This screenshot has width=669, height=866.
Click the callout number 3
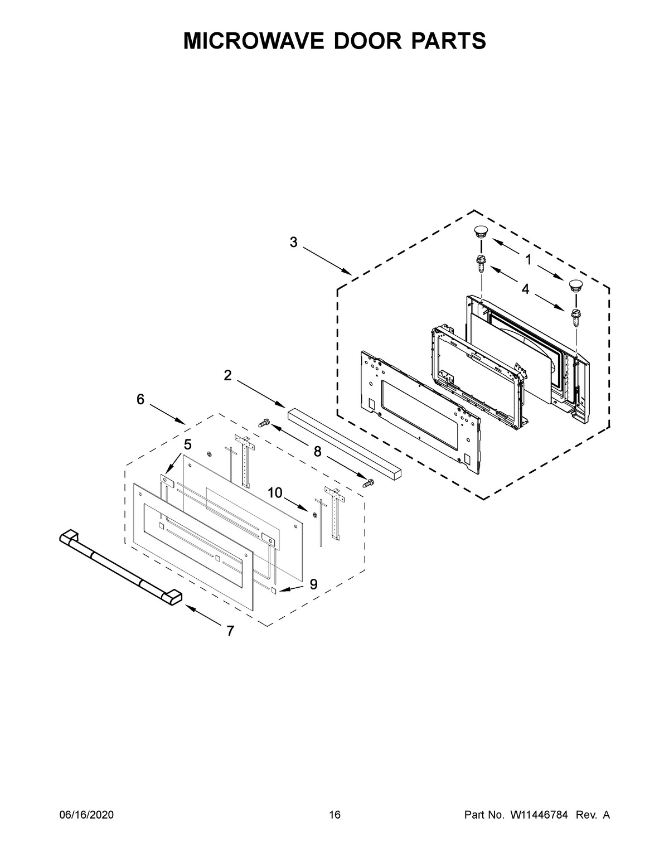click(293, 242)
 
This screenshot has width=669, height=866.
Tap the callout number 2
click(227, 375)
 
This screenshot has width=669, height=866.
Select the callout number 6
click(140, 399)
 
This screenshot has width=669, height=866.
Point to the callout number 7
click(230, 631)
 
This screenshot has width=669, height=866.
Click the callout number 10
click(275, 492)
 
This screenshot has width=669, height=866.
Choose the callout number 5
click(187, 444)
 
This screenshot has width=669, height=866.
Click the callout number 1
click(527, 259)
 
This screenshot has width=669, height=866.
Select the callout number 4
click(525, 289)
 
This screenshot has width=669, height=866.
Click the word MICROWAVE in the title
click(253, 41)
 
